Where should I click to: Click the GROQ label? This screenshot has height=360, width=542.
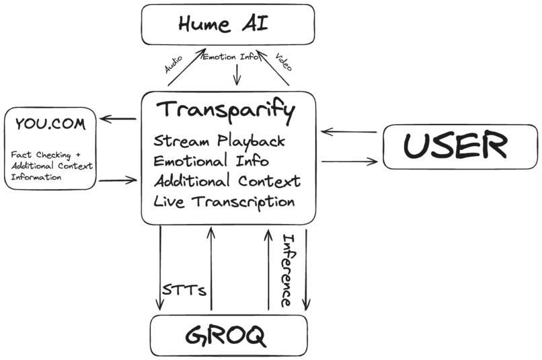click(x=228, y=334)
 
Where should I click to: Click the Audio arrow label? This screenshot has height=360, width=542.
click(x=174, y=65)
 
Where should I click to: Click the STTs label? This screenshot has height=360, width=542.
click(x=184, y=291)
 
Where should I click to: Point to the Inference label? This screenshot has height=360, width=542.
click(x=287, y=270)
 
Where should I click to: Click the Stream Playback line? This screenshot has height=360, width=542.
click(x=219, y=142)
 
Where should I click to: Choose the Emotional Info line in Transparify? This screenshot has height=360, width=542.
click(x=211, y=161)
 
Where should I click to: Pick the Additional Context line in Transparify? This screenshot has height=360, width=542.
click(x=227, y=181)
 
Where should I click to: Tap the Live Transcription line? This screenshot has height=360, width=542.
click(x=224, y=201)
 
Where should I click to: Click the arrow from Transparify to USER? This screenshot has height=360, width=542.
click(x=349, y=161)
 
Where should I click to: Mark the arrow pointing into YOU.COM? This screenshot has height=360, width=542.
click(x=119, y=120)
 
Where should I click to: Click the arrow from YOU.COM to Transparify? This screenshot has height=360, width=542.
click(x=118, y=180)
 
